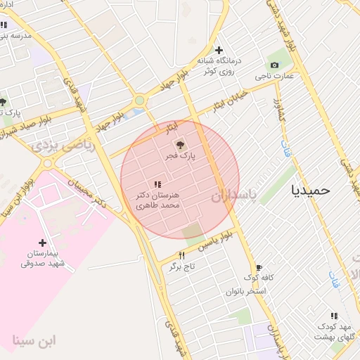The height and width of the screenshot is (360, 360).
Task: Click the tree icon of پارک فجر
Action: click(x=181, y=144)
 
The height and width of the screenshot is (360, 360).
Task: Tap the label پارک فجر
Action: click(x=181, y=155)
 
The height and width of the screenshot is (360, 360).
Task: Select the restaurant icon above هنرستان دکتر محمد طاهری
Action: click(x=156, y=184)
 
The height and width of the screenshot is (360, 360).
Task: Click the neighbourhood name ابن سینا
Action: click(x=33, y=342)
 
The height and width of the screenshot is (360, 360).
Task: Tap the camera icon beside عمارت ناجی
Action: click(x=274, y=65)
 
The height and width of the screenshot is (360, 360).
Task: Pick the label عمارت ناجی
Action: click(x=278, y=75)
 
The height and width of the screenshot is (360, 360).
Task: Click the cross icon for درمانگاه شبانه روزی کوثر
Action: click(x=219, y=50)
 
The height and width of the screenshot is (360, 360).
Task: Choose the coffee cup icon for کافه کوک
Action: click(x=259, y=268)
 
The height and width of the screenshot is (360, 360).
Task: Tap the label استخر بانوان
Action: click(x=247, y=290)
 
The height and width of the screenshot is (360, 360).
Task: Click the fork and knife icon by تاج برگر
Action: click(x=181, y=255)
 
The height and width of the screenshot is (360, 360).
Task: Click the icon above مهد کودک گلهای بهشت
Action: click(x=334, y=316)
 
